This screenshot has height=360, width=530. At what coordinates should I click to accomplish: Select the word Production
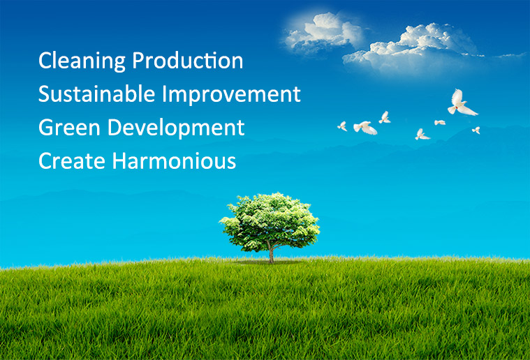tap(188, 61)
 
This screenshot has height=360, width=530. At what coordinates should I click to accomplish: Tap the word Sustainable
tap(96, 93)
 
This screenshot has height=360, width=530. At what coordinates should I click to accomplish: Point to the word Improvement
tap(232, 95)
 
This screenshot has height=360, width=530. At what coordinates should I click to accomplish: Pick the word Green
tap(69, 127)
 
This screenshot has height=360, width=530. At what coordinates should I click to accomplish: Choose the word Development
tap(176, 128)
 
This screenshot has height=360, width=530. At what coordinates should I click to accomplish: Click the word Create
tap(72, 160)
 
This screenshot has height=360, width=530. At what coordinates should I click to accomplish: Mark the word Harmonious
tap(174, 160)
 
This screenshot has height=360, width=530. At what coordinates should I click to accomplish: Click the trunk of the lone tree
tap(271, 254)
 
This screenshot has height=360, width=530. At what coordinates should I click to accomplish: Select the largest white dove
tap(461, 103)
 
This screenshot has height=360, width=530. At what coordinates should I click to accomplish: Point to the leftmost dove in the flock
tap(343, 126)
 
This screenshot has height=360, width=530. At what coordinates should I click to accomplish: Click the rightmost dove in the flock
tap(476, 130)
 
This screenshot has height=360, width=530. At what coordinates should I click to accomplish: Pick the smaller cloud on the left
tap(323, 33)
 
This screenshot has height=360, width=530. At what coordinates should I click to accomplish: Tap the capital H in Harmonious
tap(119, 160)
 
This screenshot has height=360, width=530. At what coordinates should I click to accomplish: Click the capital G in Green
tap(46, 127)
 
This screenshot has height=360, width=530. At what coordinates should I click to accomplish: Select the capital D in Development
tap(115, 127)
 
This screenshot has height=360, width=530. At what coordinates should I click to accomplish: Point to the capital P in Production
tap(138, 61)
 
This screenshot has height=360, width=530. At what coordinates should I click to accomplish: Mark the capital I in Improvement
tap(164, 93)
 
